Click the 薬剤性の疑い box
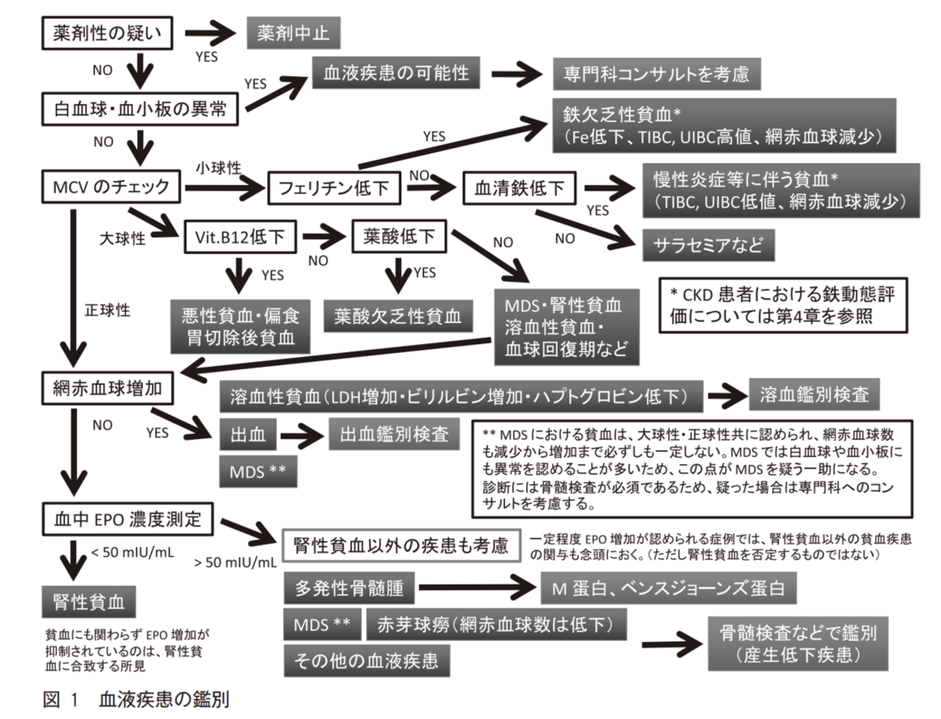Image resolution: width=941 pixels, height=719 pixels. (106, 33)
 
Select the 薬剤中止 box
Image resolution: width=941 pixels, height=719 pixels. (293, 33)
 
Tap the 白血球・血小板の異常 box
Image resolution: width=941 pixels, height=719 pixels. (141, 109)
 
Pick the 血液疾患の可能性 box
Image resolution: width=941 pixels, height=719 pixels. (396, 72)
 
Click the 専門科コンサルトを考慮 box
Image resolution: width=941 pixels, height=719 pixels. (656, 74)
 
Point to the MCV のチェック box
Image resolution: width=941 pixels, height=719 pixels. (111, 188)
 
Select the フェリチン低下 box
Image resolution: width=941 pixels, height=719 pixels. (333, 189)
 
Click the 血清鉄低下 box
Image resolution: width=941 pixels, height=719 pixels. (519, 188)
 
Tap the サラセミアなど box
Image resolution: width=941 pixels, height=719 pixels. (708, 245)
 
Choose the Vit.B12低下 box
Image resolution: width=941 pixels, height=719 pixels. (239, 237)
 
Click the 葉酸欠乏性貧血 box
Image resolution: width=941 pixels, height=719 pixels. (398, 316)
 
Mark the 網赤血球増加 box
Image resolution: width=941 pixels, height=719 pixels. (107, 388)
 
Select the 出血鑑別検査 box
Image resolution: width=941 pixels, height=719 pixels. (394, 434)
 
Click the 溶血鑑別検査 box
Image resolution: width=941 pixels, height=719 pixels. (814, 394)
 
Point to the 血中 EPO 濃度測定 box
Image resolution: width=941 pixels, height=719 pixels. (127, 518)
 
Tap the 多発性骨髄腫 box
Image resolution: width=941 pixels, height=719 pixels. (348, 588)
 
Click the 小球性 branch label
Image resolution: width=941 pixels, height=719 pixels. (218, 168)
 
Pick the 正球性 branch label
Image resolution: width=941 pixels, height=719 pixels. (107, 310)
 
